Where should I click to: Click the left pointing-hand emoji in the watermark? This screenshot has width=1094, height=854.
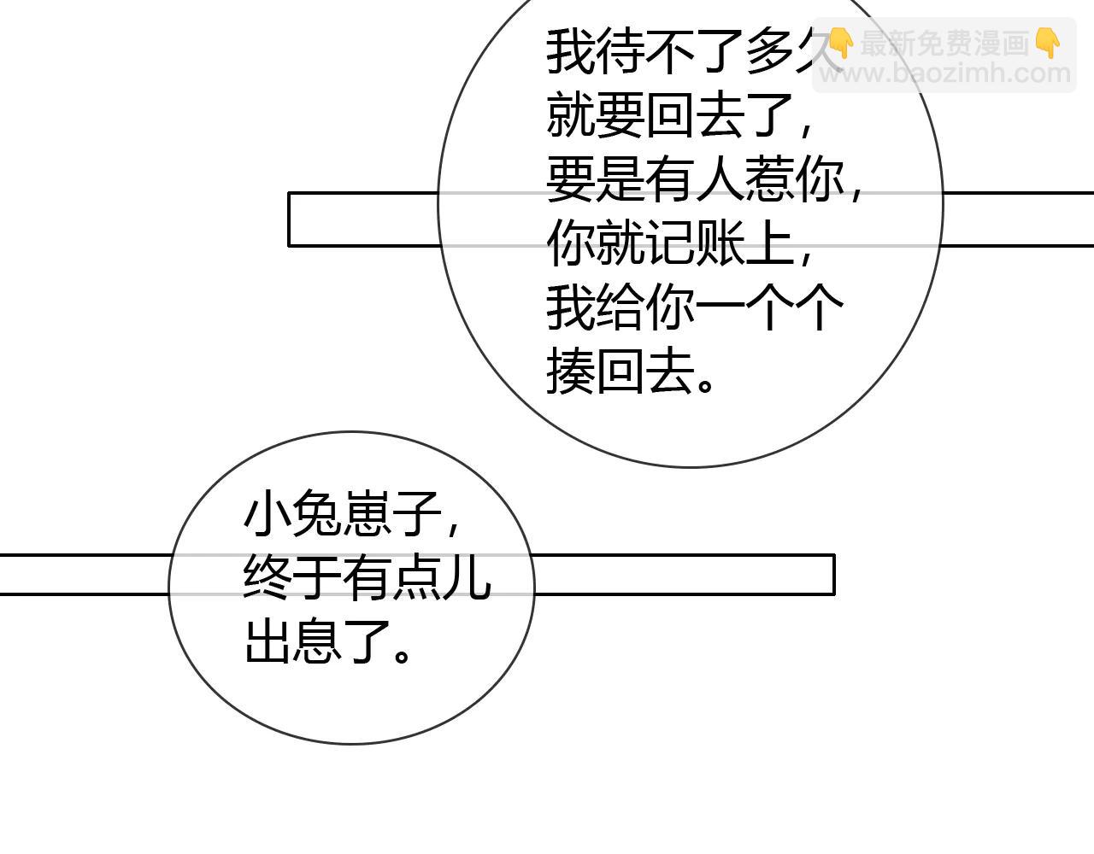842,44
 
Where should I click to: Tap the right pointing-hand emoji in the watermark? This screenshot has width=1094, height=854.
1048,44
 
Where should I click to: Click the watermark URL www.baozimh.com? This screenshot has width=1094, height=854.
945,73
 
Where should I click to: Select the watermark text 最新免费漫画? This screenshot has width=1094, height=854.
944,43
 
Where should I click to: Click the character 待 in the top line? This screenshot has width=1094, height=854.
621,52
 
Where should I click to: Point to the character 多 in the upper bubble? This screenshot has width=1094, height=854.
769,52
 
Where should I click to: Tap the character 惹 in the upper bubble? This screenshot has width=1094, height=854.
769,179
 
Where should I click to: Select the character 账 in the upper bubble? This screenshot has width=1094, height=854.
720,243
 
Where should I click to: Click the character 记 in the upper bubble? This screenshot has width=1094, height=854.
671,243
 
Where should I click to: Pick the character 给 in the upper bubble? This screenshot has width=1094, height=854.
621,307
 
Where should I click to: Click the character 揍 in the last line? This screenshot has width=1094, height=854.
571,371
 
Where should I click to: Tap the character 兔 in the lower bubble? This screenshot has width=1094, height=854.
317,513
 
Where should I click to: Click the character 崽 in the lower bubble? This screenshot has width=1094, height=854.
367,513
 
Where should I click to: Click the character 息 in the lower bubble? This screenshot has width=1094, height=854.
317,641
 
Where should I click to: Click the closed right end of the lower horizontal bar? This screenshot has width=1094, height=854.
834,575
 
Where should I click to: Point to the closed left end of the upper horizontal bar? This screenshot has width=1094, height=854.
289,219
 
